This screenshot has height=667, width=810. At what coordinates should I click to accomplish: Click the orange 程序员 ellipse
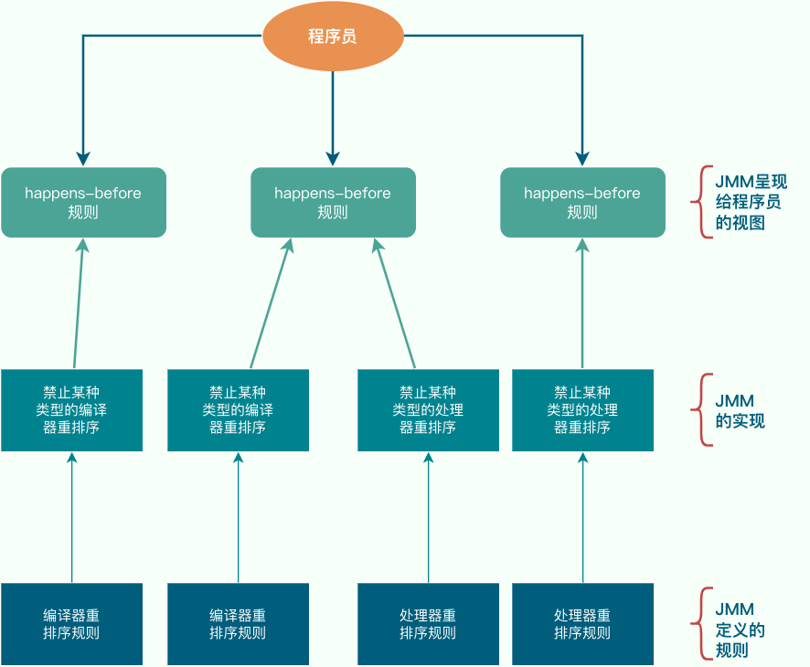tap(333, 37)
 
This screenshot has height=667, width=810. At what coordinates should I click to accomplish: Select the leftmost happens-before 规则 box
tap(83, 202)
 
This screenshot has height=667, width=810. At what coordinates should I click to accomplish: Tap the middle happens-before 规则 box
tap(333, 202)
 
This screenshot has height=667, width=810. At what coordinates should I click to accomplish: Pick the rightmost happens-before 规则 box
tap(582, 202)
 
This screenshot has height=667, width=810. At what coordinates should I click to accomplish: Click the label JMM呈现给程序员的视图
tap(751, 202)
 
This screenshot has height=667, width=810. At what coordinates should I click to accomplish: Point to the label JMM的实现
tap(740, 410)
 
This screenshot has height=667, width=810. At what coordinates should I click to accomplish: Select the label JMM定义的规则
tap(740, 630)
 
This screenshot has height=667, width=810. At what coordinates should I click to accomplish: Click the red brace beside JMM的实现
tap(702, 410)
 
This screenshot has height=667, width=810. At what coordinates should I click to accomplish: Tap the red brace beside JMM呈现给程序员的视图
tap(702, 202)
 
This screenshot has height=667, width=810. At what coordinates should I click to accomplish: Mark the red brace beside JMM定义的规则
tap(702, 624)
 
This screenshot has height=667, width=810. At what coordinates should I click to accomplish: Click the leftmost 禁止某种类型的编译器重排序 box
tap(71, 410)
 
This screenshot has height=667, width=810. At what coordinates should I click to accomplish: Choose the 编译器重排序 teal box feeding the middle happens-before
tap(238, 410)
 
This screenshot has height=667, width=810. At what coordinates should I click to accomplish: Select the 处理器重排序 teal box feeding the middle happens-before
tap(428, 410)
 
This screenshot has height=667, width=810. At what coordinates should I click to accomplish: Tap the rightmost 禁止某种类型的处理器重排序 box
tap(582, 410)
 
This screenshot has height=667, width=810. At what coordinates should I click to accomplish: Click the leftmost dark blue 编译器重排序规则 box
tap(71, 624)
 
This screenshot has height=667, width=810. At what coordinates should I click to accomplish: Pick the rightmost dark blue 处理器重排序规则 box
tap(582, 624)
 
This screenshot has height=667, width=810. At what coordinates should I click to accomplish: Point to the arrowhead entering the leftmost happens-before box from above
tap(83, 157)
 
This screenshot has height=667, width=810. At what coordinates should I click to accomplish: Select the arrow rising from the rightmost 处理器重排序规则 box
tap(582, 516)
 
